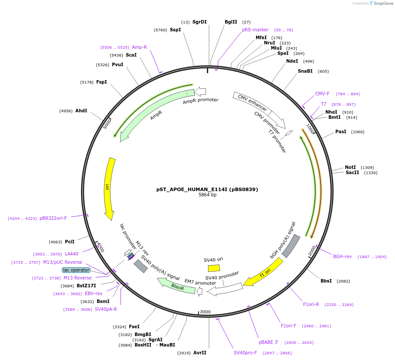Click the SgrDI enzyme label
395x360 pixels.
point(199,22)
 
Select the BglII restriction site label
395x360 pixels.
point(231,22)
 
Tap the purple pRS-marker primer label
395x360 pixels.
point(255,30)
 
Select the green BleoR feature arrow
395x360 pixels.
point(176,287)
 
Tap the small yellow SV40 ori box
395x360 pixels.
point(214,268)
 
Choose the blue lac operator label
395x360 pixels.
point(76,270)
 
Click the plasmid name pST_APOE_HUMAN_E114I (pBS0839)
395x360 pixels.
point(207,189)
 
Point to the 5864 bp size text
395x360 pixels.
point(207,195)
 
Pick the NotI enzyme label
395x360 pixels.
point(350,167)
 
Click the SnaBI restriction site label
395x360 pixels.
point(305,71)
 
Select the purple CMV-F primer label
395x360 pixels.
point(322,94)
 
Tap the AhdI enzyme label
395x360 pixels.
point(81,111)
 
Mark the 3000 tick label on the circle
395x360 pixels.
point(205,312)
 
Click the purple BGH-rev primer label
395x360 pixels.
point(342,256)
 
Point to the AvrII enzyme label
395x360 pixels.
point(200,353)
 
